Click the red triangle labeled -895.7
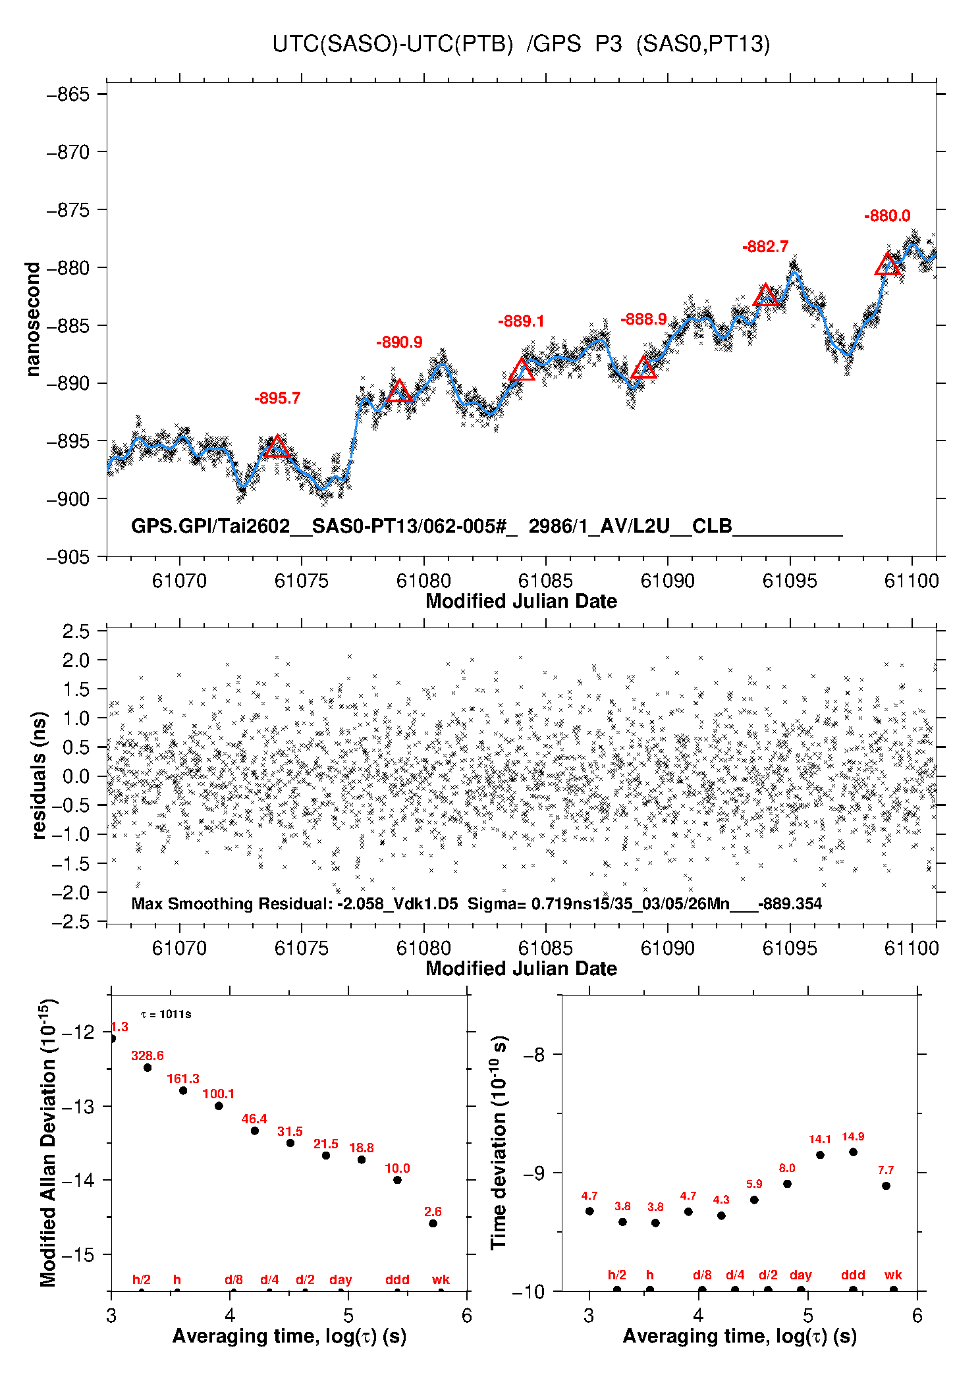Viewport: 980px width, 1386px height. pos(277,447)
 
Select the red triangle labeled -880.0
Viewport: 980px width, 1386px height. pos(888,265)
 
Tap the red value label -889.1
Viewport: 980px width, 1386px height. pos(521,321)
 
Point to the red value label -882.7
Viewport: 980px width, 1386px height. pos(765,247)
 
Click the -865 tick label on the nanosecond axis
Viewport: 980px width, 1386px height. pos(68,94)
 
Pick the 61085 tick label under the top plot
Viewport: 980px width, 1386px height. pos(545,581)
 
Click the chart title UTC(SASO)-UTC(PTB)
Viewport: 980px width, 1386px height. pos(393,44)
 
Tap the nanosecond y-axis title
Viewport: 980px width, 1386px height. pos(32,319)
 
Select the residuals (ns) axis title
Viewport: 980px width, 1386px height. pos(40,775)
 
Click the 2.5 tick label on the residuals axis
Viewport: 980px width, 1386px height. pos(76,631)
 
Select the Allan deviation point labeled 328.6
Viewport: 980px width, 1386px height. pos(148,1067)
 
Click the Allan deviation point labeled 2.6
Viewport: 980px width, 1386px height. pos(433,1223)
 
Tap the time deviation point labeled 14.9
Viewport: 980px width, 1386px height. pos(853,1152)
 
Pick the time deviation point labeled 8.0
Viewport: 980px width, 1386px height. pos(787,1184)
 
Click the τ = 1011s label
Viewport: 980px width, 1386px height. pos(166,1014)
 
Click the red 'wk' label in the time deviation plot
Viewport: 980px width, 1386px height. pos(893,1275)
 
